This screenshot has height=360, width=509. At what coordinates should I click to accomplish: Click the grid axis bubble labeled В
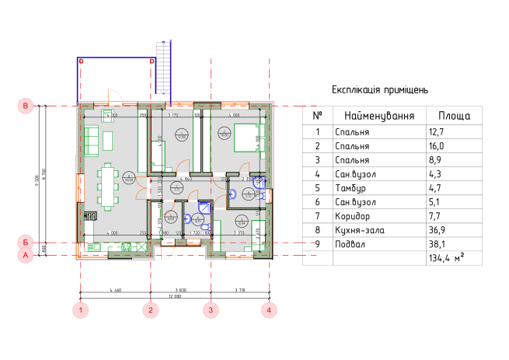click(x=25, y=105)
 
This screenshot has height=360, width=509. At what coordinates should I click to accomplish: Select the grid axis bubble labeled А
click(x=25, y=253)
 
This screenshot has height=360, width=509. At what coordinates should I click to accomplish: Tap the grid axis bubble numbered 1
click(x=81, y=309)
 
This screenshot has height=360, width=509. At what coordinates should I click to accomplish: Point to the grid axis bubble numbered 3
click(x=210, y=309)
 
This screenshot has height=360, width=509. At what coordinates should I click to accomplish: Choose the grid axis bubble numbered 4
click(x=268, y=309)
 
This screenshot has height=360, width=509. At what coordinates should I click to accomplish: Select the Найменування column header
click(x=379, y=115)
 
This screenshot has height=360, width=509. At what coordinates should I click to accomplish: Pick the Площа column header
click(x=454, y=115)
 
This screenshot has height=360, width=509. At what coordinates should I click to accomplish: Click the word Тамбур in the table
click(x=351, y=187)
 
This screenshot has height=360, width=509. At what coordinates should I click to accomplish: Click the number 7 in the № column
click(x=317, y=216)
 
